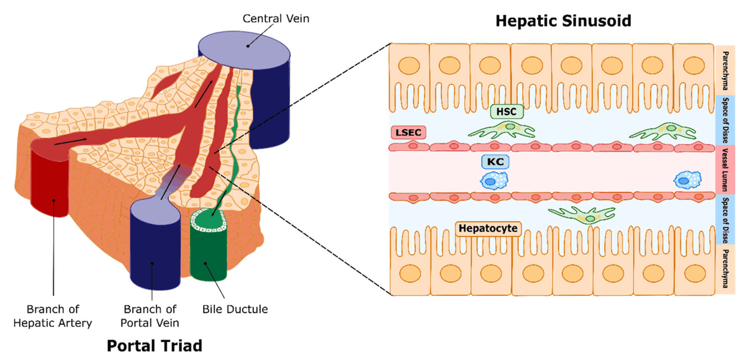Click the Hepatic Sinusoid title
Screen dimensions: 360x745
[563, 21]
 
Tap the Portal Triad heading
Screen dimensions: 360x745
[155, 344]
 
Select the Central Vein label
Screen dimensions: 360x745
[276, 19]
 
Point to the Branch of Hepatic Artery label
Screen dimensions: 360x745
[60, 315]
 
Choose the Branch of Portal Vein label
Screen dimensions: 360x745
[151, 315]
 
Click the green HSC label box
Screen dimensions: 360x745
[507, 111]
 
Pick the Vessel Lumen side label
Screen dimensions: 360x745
[725, 170]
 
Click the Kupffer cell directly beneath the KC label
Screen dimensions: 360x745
[494, 181]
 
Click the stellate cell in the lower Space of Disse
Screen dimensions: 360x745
[584, 215]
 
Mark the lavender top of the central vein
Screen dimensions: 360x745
[245, 48]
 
